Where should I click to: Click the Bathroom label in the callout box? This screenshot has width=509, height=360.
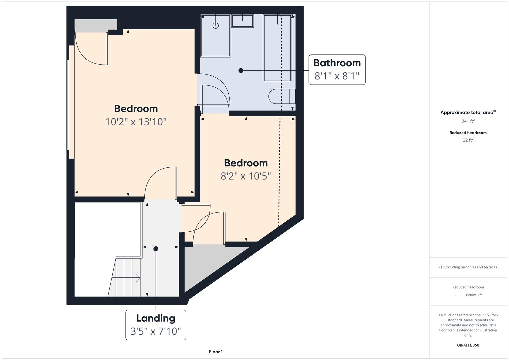pyautogui.click(x=337, y=63)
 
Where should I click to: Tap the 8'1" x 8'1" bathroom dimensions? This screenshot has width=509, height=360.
pyautogui.click(x=337, y=76)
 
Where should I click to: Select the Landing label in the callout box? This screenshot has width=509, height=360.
pyautogui.click(x=156, y=318)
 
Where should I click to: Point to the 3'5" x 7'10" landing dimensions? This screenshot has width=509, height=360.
pyautogui.click(x=156, y=331)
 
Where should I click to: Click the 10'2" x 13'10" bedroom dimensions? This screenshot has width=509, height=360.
pyautogui.click(x=136, y=122)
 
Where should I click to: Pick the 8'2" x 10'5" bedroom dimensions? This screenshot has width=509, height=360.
pyautogui.click(x=246, y=176)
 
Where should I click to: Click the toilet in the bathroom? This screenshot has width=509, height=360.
pyautogui.click(x=282, y=96)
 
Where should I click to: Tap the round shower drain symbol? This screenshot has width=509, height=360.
pyautogui.click(x=216, y=26)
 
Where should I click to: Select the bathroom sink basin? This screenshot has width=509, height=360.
pyautogui.click(x=242, y=21)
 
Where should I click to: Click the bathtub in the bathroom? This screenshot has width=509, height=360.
pyautogui.click(x=277, y=48)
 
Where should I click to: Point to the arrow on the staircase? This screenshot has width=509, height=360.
pyautogui.click(x=126, y=277)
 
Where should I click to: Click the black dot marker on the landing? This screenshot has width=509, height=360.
pyautogui.click(x=156, y=249)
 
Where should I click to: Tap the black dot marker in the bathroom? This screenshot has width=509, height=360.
pyautogui.click(x=241, y=71)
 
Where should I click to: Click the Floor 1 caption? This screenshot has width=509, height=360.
pyautogui.click(x=216, y=352)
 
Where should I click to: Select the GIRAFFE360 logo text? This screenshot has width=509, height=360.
pyautogui.click(x=468, y=345)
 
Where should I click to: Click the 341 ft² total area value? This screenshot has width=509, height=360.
pyautogui.click(x=468, y=121)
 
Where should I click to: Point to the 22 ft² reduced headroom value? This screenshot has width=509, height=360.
pyautogui.click(x=468, y=140)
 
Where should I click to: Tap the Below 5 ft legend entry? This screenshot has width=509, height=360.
pyautogui.click(x=474, y=295)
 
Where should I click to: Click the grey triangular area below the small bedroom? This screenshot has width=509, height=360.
pyautogui.click(x=205, y=261)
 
